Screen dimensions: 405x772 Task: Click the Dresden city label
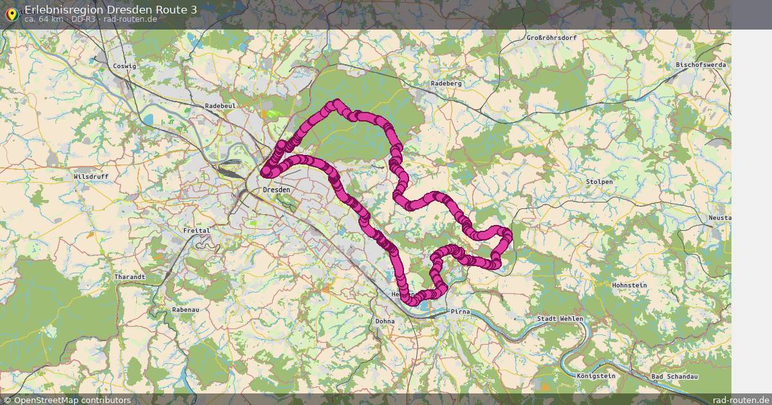tap(277, 190)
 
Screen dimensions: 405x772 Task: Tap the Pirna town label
tap(460, 312)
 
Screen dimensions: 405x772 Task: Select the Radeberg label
tap(446, 84)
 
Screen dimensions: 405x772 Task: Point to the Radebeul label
tap(221, 105)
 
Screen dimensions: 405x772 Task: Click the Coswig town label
tap(124, 66)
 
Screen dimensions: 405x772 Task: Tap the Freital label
tap(197, 230)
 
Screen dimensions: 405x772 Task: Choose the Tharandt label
tap(129, 277)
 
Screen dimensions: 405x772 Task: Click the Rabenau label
tap(186, 310)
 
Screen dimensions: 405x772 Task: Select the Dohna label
tap(385, 321)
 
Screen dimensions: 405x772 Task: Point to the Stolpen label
tap(599, 182)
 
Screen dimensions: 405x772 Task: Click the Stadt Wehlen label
tap(560, 319)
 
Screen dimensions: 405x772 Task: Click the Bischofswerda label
tap(701, 65)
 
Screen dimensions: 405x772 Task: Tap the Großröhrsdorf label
tap(551, 38)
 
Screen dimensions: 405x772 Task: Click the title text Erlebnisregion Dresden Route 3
tap(111, 9)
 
